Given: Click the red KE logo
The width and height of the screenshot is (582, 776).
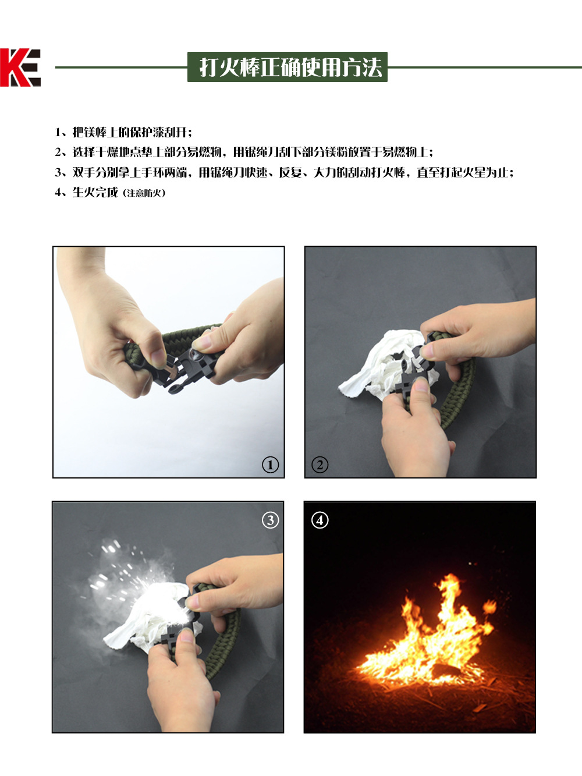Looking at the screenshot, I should click(x=20, y=68).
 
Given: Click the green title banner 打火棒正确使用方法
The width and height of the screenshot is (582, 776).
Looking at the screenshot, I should click(x=288, y=67).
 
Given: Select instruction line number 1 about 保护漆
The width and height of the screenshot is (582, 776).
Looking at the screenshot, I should click(x=123, y=132).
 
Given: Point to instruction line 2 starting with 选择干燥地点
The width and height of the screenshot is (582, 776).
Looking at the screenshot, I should click(x=244, y=153).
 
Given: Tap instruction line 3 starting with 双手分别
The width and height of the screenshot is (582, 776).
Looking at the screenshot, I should click(x=284, y=172).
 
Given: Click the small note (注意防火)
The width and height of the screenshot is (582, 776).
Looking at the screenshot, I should click(x=144, y=193).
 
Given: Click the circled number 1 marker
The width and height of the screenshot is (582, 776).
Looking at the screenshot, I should click(x=270, y=465).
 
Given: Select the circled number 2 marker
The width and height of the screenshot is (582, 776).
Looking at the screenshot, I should click(x=320, y=465).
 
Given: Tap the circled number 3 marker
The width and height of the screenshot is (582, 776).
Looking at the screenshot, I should click(x=270, y=520).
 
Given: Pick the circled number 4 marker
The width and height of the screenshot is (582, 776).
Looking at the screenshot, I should click(x=320, y=520).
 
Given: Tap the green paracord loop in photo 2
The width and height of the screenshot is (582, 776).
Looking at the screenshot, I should click(x=460, y=396).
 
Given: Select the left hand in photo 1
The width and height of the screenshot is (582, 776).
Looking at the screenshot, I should click(x=111, y=326).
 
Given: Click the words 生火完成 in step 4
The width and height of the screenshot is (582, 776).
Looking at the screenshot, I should click(x=95, y=193).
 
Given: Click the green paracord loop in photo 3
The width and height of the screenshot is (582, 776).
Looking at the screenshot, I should click(x=224, y=640).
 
